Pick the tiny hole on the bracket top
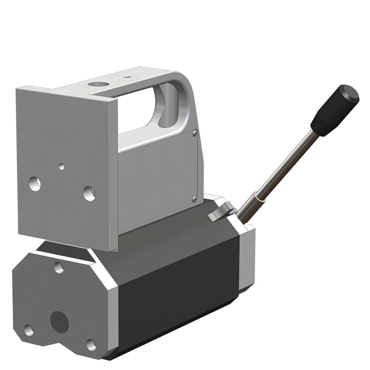127,77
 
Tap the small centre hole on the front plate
62,166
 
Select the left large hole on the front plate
35,184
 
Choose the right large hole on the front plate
89,193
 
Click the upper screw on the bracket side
195,133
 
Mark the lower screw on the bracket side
195,199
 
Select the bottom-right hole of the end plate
91,345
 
